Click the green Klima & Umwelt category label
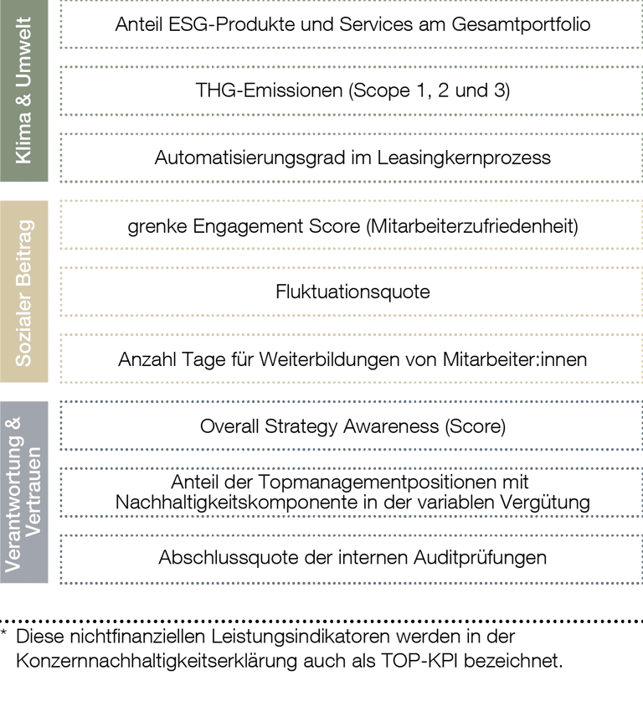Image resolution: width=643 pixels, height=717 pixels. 23,90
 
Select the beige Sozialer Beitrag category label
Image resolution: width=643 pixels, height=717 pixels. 23,291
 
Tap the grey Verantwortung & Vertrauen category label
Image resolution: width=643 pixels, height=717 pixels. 23,492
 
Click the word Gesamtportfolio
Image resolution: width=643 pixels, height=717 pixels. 521,24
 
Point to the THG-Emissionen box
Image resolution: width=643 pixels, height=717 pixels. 351,90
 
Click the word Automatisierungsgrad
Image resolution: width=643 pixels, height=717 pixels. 250,158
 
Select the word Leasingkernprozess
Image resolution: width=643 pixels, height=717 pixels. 464,157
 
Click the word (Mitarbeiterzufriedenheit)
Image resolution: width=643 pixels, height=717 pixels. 472,226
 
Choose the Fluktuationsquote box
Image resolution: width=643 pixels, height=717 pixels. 351,291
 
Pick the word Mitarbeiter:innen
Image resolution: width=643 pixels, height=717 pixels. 515,359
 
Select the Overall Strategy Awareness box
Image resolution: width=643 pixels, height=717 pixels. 351,426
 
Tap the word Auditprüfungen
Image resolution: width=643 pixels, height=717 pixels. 480,558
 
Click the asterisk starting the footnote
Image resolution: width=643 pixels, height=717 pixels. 3,632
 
